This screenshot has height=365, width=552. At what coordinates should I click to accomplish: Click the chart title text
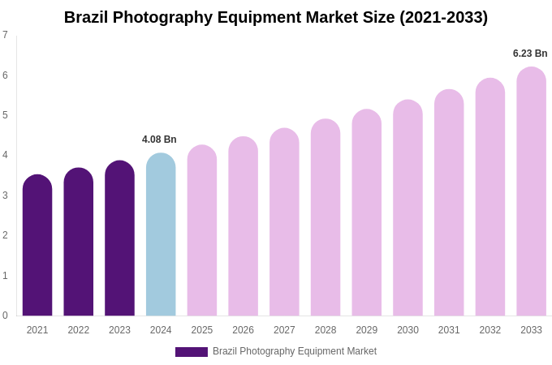pos(276,17)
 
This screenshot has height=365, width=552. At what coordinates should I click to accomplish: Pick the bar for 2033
pos(531,192)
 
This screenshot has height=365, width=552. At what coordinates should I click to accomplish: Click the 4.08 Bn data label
pos(159,140)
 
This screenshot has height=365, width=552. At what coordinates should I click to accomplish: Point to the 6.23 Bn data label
pos(530,54)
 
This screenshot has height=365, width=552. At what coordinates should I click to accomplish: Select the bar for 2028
pos(326,218)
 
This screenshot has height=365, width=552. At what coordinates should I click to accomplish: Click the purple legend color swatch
pos(192,352)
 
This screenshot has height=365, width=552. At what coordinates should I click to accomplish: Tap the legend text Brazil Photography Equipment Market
pos(295,351)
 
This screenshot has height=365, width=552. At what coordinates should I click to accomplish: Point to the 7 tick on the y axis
pos(5,35)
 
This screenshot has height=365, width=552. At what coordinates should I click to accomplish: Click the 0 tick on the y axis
pos(5,316)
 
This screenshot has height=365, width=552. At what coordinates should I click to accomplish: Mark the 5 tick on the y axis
pos(5,115)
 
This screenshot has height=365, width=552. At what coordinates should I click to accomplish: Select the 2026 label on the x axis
pos(243,330)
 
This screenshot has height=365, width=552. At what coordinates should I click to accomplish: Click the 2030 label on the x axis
pos(408,330)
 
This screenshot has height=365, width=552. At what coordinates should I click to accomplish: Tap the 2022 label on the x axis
pos(79,330)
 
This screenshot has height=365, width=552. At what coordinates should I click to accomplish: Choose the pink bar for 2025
pos(202,231)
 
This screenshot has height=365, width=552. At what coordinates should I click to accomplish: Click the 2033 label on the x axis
pos(531,330)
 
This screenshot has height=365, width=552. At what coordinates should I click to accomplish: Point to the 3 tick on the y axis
pos(5,195)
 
